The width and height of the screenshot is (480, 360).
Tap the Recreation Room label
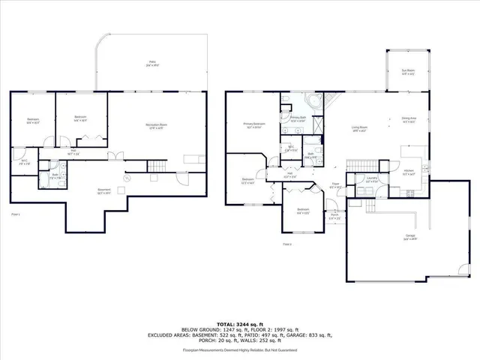tap(155, 125)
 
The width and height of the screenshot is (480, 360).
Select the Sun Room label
tap(408, 72)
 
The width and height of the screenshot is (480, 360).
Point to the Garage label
tap(410, 237)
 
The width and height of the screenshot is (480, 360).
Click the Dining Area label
tap(409, 119)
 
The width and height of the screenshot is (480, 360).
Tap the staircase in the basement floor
tap(155, 166)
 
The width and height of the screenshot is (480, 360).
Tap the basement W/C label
tap(23, 160)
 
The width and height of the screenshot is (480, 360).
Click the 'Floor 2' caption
tap(287, 244)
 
